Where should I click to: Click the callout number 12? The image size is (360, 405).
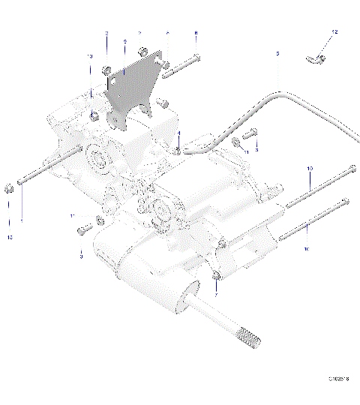(x=335, y=32)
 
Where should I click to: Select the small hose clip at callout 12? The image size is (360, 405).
(x=317, y=58)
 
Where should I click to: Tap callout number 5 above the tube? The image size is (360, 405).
(x=277, y=55)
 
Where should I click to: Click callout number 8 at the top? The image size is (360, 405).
(x=196, y=34)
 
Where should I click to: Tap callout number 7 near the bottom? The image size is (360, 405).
(x=215, y=296)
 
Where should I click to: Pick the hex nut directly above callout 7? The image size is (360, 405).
(x=215, y=277)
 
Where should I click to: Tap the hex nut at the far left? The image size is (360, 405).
(x=9, y=187)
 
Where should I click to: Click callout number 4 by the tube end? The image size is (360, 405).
(x=179, y=133)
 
